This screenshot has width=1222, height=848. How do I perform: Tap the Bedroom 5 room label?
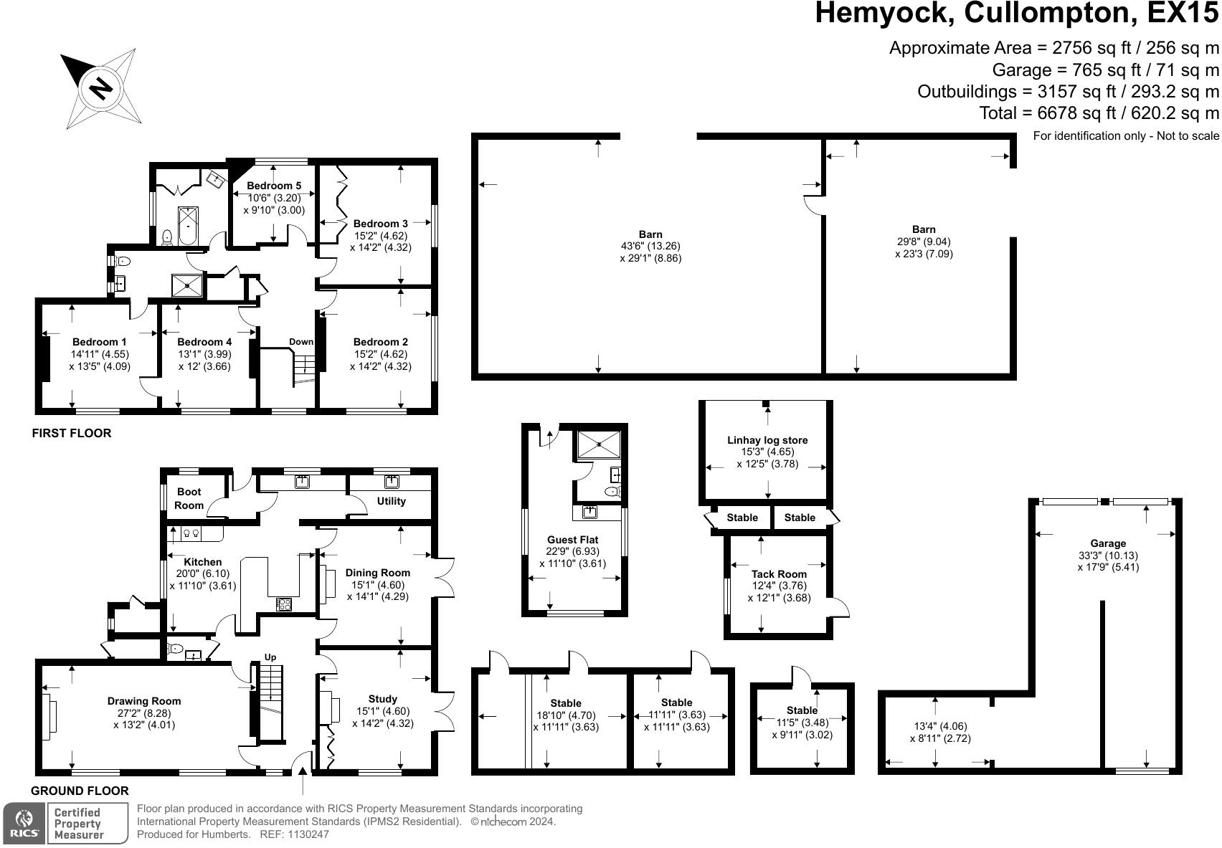274,186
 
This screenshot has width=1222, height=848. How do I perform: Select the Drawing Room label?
144,701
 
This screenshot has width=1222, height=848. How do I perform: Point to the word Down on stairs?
301,342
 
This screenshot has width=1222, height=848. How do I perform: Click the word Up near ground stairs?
270,657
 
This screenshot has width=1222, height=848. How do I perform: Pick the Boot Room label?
189,498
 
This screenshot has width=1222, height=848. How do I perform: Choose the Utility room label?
392,501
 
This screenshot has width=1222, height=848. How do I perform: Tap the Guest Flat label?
572,540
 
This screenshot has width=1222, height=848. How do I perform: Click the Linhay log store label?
767,440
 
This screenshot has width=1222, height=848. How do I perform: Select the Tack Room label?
779,573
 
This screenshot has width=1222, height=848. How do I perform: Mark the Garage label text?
1108,543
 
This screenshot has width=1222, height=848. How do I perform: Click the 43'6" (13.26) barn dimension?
650,246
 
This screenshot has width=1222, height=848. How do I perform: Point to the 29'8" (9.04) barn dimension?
924,242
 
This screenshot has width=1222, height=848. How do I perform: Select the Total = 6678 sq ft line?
1099,113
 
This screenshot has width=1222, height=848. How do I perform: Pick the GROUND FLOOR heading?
80,791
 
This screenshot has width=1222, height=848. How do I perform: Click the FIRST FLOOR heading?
72,433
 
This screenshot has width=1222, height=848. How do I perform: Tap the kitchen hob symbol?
283,604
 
